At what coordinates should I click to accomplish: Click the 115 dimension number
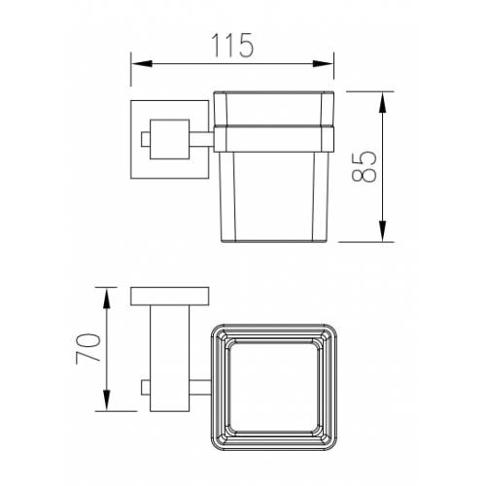coord(232,46)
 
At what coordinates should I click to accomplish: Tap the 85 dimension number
coord(364,166)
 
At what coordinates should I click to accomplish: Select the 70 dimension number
coord(88,349)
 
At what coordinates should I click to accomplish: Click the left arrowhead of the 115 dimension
coord(142,64)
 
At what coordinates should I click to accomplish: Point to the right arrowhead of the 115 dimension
coord(323,64)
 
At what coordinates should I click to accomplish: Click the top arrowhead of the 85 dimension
coord(383,102)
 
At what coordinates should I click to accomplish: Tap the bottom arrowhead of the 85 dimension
coord(383,231)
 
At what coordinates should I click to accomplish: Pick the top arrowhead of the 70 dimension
coord(107,298)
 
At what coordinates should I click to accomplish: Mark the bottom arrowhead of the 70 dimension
coord(107,400)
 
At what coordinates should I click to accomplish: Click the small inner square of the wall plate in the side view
coord(169,139)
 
